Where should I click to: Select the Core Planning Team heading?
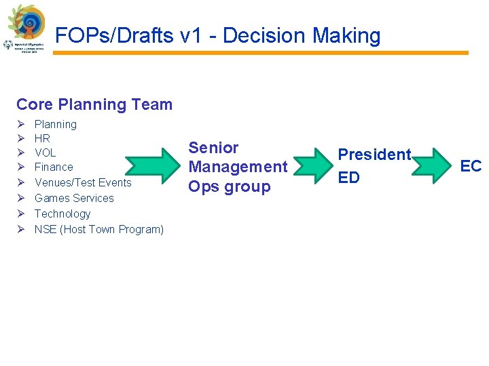coord(94,104)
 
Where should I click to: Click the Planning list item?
coord(56,124)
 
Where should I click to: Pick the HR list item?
coord(42,138)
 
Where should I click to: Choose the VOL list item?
coord(46,152)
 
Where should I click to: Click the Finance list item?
coord(54,167)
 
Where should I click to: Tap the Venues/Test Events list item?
coord(83,182)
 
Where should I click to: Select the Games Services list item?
coord(74,198)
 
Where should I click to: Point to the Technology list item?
coord(62,213)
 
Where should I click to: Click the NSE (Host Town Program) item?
coord(99,229)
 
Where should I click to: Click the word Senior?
coord(213,148)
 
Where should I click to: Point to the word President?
coord(375,155)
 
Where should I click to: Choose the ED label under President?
coord(349,178)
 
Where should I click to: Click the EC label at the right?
coord(471,165)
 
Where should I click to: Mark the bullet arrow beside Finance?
coord(21,167)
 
